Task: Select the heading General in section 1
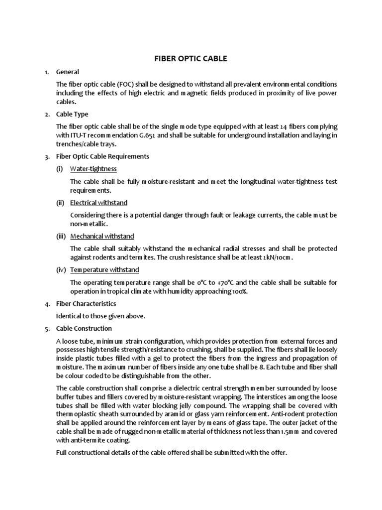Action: (x=68, y=72)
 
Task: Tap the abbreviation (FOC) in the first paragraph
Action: (x=126, y=84)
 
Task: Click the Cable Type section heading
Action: (x=73, y=114)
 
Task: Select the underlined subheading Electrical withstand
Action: (x=98, y=203)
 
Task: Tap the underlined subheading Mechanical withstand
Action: (x=102, y=236)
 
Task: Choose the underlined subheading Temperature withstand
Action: (x=104, y=270)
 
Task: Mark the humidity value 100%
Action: (x=238, y=291)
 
